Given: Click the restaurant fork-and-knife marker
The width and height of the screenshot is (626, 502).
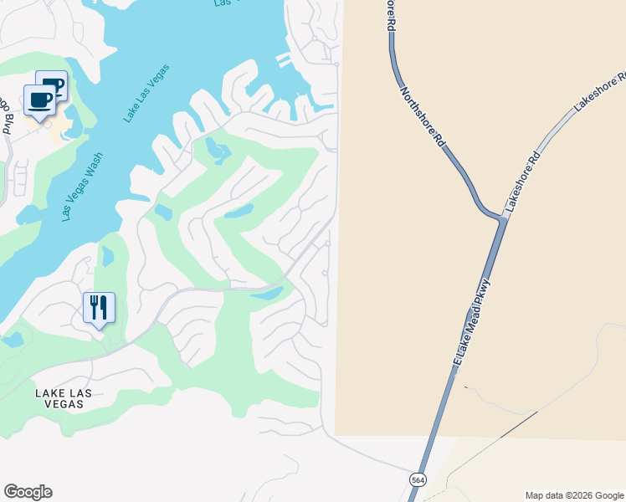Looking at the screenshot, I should click(x=99, y=308).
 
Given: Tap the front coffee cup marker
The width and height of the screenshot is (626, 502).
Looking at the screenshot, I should click(x=39, y=100).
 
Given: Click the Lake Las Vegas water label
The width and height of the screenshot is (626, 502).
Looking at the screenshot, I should click(x=147, y=93).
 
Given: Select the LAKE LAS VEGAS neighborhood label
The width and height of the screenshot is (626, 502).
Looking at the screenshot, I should click(x=59, y=397).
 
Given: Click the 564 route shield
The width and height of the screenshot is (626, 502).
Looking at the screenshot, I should click(x=418, y=480).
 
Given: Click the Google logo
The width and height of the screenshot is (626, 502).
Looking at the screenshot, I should click(x=28, y=492).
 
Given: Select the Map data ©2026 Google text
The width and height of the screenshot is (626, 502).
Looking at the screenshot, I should click(x=573, y=495).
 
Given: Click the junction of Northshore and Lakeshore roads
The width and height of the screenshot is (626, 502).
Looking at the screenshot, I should click(x=502, y=218).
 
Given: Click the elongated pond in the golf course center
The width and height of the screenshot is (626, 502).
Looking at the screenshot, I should click(x=239, y=210).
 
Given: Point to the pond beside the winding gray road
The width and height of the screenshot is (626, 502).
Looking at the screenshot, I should click(x=268, y=294).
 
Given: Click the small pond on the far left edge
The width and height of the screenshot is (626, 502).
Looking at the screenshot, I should click(x=13, y=340).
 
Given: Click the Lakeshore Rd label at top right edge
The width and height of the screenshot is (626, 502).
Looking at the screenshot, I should click(x=600, y=93).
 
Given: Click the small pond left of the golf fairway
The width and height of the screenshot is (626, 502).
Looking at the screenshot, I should click(x=163, y=212).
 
